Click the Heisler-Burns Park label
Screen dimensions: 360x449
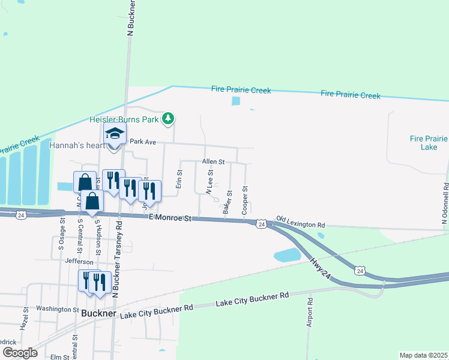pyautogui.click(x=124, y=119)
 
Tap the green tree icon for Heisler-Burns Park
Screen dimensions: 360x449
pyautogui.click(x=170, y=118)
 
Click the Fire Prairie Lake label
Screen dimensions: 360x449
pyautogui.click(x=428, y=142)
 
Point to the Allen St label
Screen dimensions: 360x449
pyautogui.click(x=213, y=162)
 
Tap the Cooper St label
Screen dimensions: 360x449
pyautogui.click(x=245, y=200)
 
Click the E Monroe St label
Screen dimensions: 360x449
pyautogui.click(x=169, y=218)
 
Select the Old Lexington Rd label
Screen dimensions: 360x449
pyautogui.click(x=300, y=222)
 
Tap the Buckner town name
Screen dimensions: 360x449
pyautogui.click(x=98, y=313)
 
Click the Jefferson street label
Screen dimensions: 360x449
pyautogui.click(x=80, y=262)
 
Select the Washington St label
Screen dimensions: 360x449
pyautogui.click(x=58, y=310)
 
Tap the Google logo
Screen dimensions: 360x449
pyautogui.click(x=19, y=353)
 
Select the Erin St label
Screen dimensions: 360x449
pyautogui.click(x=179, y=179)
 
